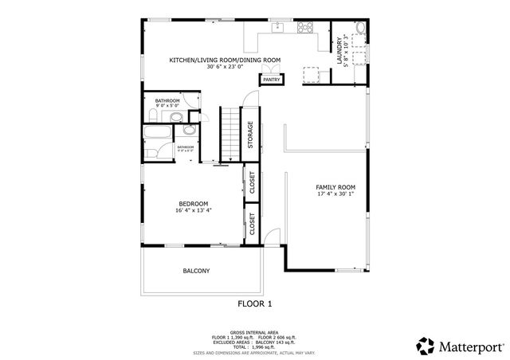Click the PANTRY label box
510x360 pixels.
[x=270, y=80]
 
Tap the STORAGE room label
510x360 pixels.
[x=250, y=135]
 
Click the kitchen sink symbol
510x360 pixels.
[x=278, y=28]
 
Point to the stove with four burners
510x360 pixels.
[x=305, y=28]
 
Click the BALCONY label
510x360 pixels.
[x=196, y=271]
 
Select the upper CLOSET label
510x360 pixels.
[x=252, y=182]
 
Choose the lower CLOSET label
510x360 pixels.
[x=252, y=226]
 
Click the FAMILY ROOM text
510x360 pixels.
[x=335, y=186]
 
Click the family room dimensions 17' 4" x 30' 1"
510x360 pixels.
[x=335, y=194]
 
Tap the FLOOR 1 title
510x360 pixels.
[x=255, y=303]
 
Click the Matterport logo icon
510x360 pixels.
[x=425, y=345]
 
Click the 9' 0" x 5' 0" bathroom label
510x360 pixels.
[x=167, y=105]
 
